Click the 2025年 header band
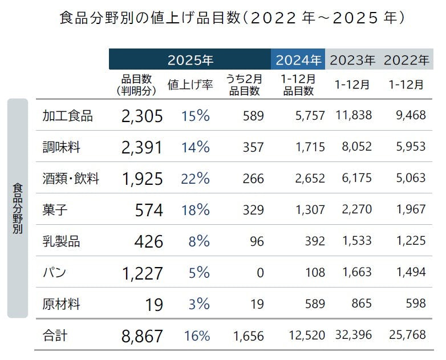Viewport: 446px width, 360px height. click(190, 59)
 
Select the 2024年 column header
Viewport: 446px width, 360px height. click(298, 59)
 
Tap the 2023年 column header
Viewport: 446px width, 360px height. click(352, 59)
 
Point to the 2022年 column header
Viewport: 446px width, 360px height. click(406, 59)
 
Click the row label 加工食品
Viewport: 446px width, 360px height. click(68, 116)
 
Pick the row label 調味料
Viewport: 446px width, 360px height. click(62, 147)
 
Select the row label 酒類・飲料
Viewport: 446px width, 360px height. click(71, 179)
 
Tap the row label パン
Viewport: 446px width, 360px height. click(55, 272)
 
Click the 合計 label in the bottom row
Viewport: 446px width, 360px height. click(55, 335)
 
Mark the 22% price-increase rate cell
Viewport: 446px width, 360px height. click(196, 179)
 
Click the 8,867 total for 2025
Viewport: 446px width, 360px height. click(142, 335)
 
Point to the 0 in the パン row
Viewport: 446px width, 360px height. click(260, 273)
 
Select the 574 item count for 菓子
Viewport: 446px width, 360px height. click(149, 210)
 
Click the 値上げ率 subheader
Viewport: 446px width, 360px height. click(190, 85)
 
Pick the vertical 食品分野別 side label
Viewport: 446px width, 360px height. click(17, 208)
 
